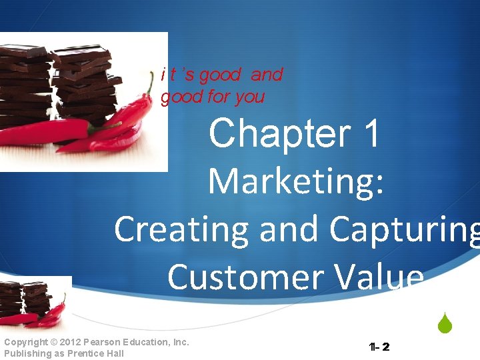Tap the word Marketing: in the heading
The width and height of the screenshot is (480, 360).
click(296, 181)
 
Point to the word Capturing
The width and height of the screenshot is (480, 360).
click(404, 231)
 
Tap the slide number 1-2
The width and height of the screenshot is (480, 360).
click(379, 347)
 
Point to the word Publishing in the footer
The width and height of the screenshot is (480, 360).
click(27, 353)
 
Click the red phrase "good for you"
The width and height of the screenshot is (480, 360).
click(213, 97)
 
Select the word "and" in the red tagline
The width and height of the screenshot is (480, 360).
click(266, 75)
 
